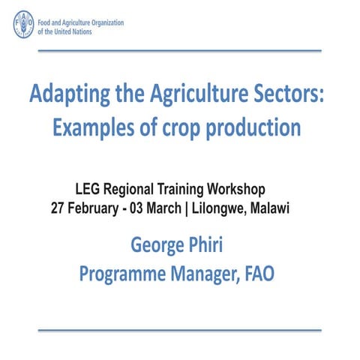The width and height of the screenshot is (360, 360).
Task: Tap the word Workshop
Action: click(238, 189)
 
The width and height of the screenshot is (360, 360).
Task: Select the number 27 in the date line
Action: click(58, 206)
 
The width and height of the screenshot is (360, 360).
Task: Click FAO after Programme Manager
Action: click(257, 274)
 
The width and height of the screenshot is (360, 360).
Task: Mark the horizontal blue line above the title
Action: click(179, 51)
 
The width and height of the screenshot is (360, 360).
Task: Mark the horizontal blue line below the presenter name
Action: click(179, 329)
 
